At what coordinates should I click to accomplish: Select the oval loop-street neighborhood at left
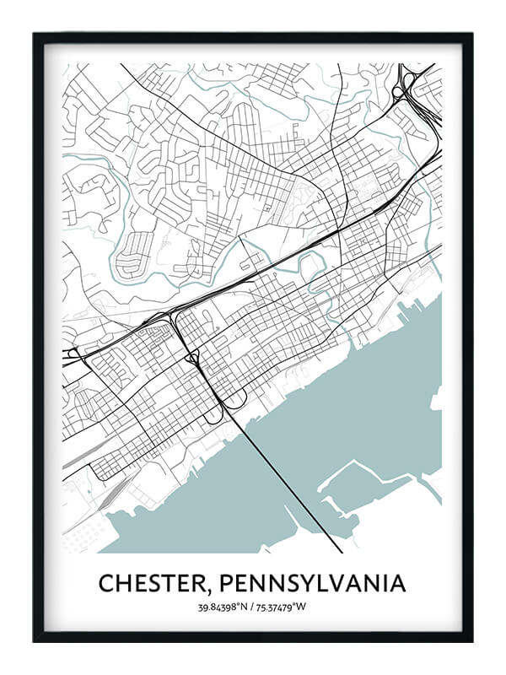click(135, 253)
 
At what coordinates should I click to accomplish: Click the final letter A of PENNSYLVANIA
click(396, 583)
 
